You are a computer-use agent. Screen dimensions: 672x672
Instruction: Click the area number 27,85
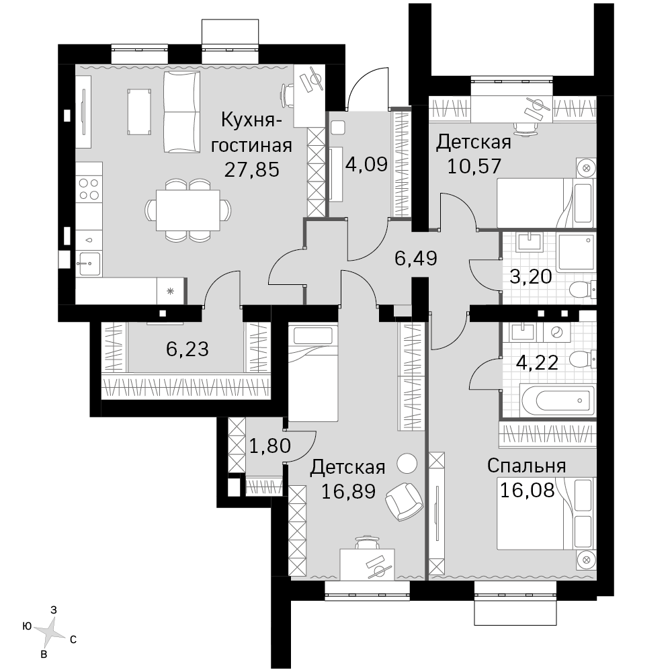click(252, 170)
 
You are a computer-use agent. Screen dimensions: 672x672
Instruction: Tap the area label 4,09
click(366, 164)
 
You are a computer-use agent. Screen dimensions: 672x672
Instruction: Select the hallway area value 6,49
click(416, 259)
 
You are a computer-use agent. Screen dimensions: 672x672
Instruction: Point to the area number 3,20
click(531, 277)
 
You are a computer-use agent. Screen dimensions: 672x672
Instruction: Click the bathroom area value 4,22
click(537, 363)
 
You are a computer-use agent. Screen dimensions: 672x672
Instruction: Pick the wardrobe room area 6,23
click(187, 349)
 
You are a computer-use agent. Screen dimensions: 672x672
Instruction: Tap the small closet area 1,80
click(270, 446)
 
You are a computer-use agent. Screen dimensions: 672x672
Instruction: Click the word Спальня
click(527, 466)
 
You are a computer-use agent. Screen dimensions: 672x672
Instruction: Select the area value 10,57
click(474, 166)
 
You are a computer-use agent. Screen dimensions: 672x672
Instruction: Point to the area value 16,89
click(348, 491)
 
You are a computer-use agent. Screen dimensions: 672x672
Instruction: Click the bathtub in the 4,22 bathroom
click(557, 401)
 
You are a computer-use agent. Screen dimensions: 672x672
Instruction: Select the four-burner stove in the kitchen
click(89, 190)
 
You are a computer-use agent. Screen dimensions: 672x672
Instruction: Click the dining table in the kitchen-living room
click(187, 210)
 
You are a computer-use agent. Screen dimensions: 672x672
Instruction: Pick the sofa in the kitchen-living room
click(181, 112)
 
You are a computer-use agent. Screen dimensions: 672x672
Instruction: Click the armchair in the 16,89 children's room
click(404, 501)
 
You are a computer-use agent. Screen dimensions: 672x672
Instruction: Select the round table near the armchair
click(407, 464)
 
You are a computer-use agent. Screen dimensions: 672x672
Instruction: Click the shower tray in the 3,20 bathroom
click(576, 253)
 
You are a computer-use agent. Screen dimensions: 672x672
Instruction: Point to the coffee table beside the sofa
click(139, 112)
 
